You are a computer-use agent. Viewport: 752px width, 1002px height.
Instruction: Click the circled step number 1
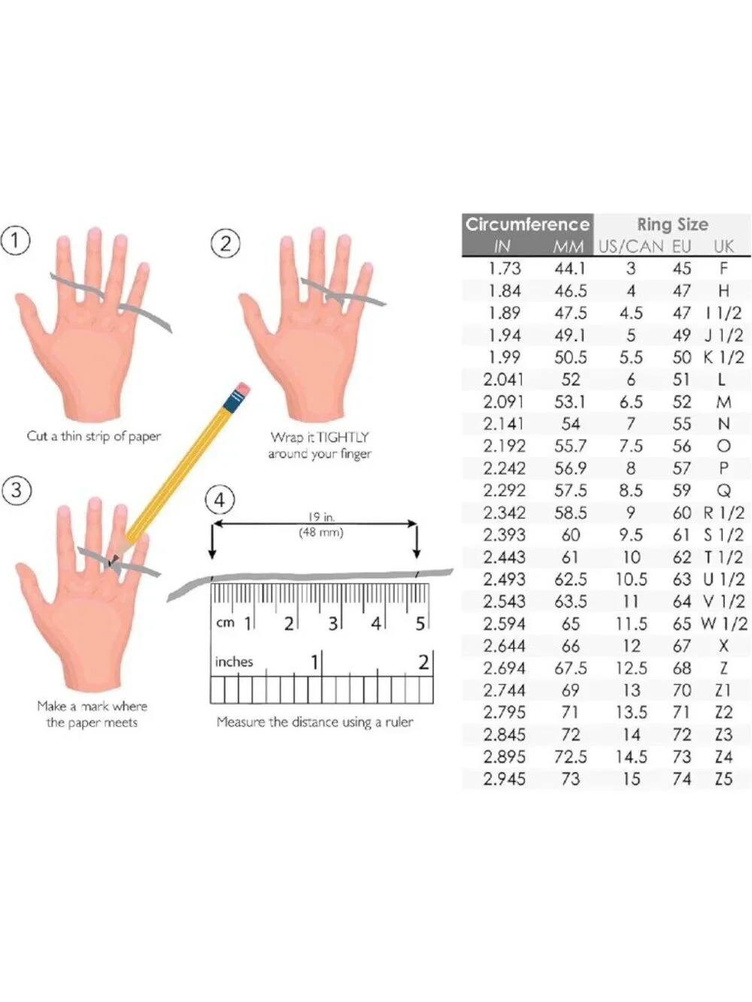point(15,241)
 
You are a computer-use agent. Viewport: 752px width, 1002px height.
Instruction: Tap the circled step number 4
point(220,501)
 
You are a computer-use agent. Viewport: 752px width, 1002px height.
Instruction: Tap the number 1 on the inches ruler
point(314,662)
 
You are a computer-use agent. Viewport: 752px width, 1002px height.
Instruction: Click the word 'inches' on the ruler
point(234,661)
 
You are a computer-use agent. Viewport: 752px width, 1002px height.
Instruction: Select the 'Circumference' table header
point(527,224)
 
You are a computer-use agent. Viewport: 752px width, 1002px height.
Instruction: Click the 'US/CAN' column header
point(631,247)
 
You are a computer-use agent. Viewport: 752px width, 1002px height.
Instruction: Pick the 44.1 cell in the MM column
point(570,268)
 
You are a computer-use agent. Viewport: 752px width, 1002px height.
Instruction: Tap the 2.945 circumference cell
point(505,780)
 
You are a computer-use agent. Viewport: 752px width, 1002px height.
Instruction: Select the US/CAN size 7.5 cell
point(631,447)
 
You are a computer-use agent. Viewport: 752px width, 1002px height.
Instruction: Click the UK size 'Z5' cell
point(723,780)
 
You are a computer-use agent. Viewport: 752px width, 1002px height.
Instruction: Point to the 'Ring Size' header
point(672,225)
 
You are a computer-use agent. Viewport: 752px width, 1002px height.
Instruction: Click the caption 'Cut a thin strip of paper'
point(94,437)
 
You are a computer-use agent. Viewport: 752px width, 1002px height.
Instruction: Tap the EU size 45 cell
point(681,268)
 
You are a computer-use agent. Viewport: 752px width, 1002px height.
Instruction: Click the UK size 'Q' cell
point(724,491)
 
